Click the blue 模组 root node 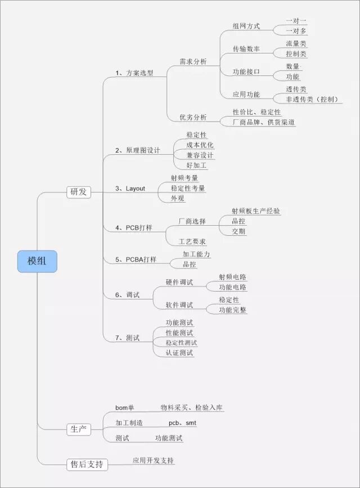click(x=37, y=261)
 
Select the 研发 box click(x=78, y=192)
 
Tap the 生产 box click(x=78, y=429)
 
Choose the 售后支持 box click(x=86, y=464)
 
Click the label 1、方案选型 click(x=134, y=73)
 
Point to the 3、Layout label click(x=130, y=189)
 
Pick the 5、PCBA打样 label click(x=136, y=259)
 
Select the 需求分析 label click(x=193, y=61)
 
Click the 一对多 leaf click(x=296, y=32)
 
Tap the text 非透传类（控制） click(x=312, y=100)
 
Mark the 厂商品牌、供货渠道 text click(x=264, y=122)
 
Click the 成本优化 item click(x=200, y=145)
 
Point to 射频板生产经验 click(x=256, y=211)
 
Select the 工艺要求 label click(x=192, y=241)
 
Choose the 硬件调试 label click(x=179, y=282)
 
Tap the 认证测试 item click(x=179, y=353)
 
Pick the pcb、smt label click(x=183, y=423)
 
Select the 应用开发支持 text click(x=154, y=460)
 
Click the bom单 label click(x=125, y=408)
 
